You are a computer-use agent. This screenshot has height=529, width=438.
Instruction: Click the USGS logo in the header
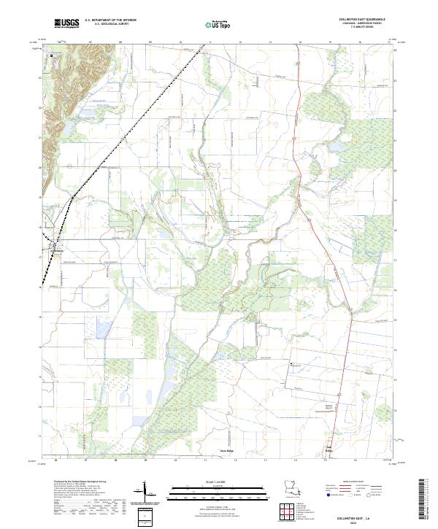(66, 24)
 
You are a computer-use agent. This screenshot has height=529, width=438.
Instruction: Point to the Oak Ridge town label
(328, 451)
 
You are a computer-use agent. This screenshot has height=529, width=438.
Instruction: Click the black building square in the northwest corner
(53, 55)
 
